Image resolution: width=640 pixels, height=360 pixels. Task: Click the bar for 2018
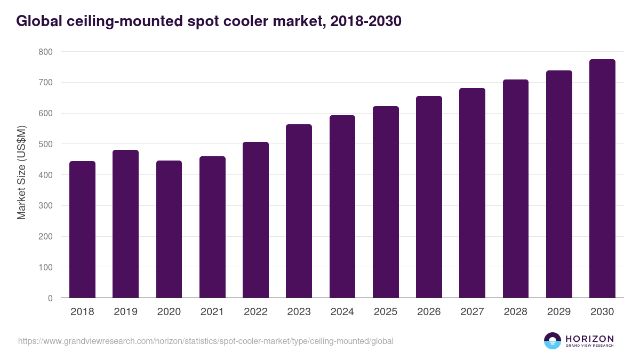[x=82, y=229]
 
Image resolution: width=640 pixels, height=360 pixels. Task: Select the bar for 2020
[x=169, y=229]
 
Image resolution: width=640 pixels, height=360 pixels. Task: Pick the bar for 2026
[x=429, y=197]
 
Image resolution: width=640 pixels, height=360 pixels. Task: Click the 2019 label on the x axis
[x=125, y=312]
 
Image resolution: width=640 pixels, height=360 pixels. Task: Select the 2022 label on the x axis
[x=255, y=312]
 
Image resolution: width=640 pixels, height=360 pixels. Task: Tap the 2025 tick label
[x=386, y=312]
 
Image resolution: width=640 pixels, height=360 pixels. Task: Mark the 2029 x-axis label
[x=559, y=312]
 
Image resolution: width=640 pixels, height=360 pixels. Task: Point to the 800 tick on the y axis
[x=45, y=52]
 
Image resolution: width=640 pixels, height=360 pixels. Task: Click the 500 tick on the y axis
[x=45, y=144]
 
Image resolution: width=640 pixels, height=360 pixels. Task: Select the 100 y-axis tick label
[x=45, y=267]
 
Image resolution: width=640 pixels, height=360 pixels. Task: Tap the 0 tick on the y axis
[x=50, y=298]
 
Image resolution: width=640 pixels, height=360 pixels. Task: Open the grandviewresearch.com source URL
[x=205, y=341]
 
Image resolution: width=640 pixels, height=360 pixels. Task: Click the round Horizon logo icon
[x=553, y=341]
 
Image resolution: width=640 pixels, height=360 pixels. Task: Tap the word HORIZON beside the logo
[x=589, y=338]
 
